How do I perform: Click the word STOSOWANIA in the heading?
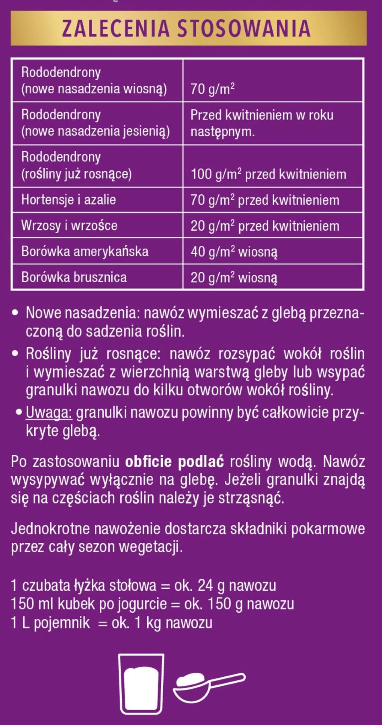point(244,29)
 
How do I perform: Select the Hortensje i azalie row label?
point(69,200)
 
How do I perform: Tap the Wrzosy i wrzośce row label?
point(69,226)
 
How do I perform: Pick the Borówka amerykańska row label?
point(85,251)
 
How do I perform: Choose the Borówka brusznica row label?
point(74,277)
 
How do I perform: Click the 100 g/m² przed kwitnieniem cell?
point(268,175)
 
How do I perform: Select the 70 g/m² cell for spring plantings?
point(212,88)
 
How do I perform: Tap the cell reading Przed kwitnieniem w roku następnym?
point(262,123)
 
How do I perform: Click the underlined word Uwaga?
point(49,413)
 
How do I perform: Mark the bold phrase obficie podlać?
point(174,462)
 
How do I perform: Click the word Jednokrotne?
point(51,528)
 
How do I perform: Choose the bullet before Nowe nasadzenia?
point(15,313)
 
